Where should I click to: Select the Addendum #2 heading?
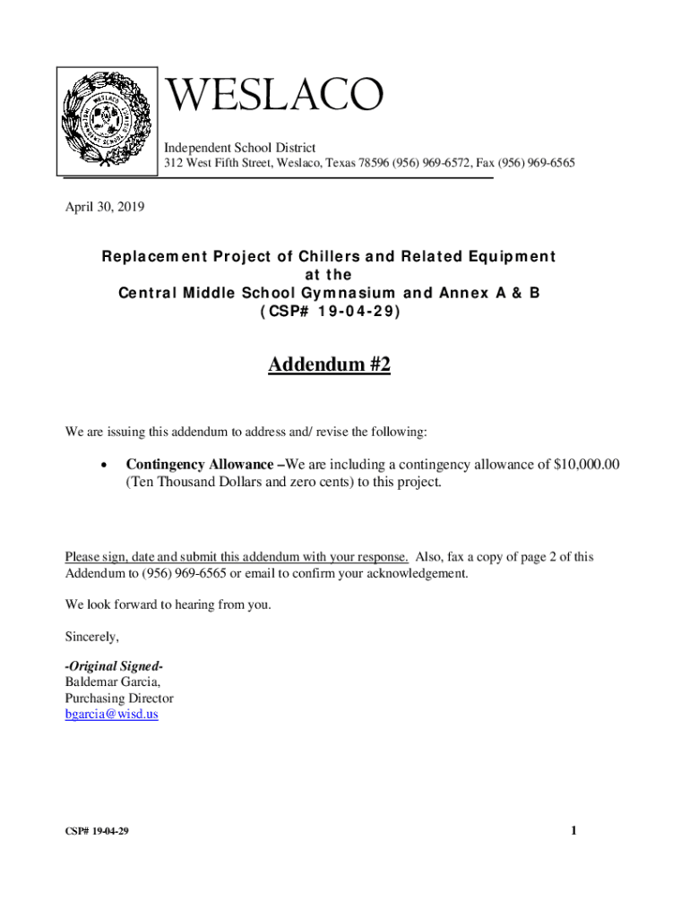[329, 365]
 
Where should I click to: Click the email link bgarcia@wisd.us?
[111, 715]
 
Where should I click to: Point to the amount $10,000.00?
[587, 464]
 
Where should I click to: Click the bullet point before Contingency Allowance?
[105, 466]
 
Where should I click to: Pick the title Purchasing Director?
[119, 698]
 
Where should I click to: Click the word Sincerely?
[91, 637]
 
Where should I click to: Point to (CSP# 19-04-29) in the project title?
[329, 312]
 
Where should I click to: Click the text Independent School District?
[239, 147]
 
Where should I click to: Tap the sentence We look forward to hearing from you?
[168, 604]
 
